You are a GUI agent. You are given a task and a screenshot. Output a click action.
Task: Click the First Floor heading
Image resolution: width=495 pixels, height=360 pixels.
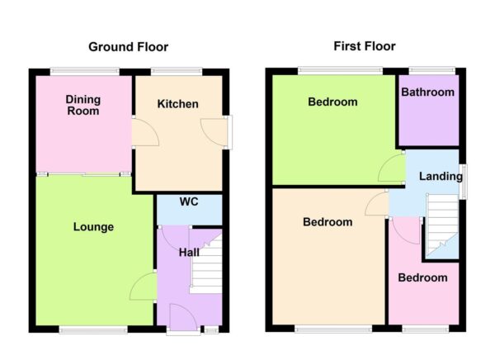[x=364, y=46]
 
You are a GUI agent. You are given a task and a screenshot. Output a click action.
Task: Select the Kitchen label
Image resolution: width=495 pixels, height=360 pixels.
[x=177, y=104]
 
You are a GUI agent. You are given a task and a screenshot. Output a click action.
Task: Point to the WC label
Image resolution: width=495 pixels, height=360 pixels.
[x=188, y=201]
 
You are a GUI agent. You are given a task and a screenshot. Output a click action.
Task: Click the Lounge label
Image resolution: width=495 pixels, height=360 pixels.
[x=92, y=227]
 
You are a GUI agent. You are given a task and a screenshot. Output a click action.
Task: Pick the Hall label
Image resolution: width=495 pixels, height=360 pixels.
[x=189, y=252]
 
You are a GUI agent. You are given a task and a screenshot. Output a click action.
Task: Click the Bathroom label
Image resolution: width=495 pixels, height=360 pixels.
[x=427, y=92]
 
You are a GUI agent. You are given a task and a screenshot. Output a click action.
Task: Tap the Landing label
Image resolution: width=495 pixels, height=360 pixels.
[x=438, y=177]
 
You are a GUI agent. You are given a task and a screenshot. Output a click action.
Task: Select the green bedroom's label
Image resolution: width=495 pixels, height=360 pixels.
[x=332, y=102]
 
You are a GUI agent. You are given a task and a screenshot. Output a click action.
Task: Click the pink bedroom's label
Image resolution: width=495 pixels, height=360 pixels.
[x=422, y=278]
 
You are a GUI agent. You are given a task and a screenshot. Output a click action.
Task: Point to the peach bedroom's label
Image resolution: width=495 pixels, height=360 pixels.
[x=327, y=222]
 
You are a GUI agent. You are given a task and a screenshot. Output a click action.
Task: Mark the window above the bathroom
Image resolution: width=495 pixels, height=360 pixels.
[x=427, y=69]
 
